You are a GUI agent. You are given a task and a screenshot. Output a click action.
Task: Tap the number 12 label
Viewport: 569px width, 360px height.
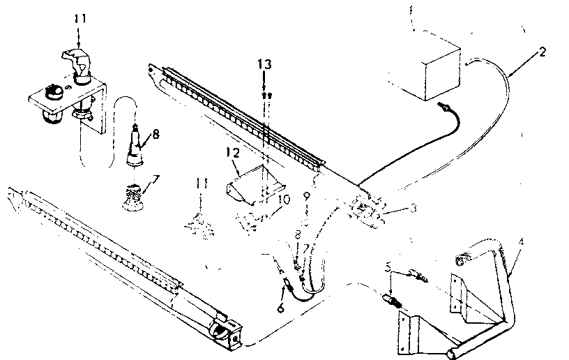[x=232, y=151]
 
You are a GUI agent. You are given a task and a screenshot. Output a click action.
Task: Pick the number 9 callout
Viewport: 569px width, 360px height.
[x=307, y=197]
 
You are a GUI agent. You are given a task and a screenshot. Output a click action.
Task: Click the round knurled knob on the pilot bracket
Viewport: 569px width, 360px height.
[x=53, y=91]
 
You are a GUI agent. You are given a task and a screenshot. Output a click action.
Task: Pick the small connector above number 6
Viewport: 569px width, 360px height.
[x=286, y=284]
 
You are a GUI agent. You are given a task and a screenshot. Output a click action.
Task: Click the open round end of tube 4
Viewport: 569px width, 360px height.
[x=461, y=261]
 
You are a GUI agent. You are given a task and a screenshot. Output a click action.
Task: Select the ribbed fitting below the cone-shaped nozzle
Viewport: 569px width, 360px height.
[x=133, y=193]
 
